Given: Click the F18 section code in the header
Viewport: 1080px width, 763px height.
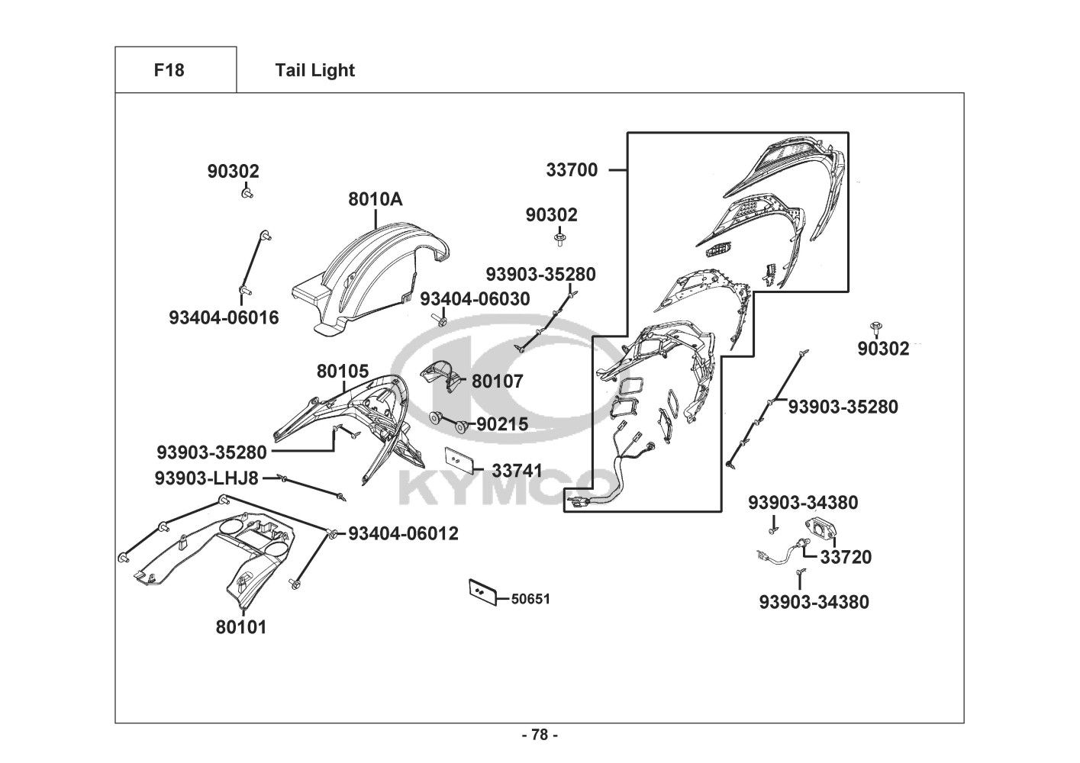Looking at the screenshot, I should click(x=169, y=70).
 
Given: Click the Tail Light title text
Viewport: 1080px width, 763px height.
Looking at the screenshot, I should click(x=314, y=70).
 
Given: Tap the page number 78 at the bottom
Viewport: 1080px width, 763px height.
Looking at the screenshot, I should click(x=540, y=735).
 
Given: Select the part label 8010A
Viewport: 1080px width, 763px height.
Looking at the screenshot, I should click(x=375, y=199).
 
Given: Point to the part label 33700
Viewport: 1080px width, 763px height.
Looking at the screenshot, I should click(x=572, y=170).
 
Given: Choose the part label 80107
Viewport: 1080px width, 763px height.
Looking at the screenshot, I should click(x=498, y=381).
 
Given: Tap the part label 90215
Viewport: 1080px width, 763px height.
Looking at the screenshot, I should click(x=502, y=424).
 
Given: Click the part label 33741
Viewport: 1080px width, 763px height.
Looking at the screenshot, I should click(x=517, y=471).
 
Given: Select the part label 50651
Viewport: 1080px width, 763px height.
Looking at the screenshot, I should click(x=530, y=599).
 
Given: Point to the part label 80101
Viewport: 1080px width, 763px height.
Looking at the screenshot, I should click(x=241, y=627).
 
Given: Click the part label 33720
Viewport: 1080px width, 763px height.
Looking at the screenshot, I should click(x=846, y=557).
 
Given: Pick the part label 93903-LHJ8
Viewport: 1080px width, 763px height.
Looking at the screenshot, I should click(x=206, y=478).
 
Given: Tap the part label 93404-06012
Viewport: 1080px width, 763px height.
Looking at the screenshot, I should click(x=404, y=533).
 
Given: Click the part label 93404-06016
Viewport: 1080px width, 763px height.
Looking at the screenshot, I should click(x=224, y=317).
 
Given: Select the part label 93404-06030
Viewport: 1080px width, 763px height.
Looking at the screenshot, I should click(x=475, y=299).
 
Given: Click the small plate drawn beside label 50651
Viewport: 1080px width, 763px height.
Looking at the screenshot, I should click(x=482, y=591).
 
